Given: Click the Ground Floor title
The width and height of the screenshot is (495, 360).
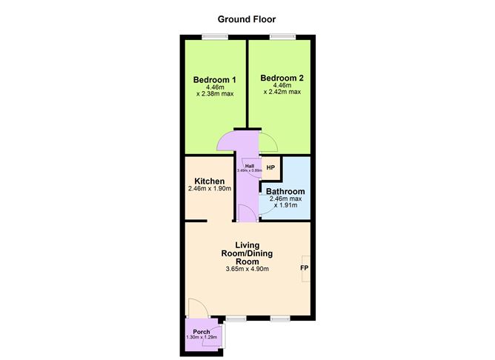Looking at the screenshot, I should [x=247, y=19].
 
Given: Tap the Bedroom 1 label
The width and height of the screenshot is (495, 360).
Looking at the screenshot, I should [x=214, y=80].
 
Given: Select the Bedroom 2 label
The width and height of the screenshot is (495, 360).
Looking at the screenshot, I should [x=282, y=78].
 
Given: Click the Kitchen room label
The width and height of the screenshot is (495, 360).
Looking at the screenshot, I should [x=209, y=181].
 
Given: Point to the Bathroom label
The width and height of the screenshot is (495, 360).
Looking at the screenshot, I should [x=285, y=191].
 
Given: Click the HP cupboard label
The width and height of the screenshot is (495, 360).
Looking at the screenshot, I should [x=270, y=168].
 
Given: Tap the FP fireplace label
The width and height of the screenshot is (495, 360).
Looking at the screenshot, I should [x=304, y=267].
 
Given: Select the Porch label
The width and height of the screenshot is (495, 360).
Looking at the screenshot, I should [x=202, y=331].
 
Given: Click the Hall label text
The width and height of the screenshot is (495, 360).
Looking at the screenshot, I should [x=250, y=166].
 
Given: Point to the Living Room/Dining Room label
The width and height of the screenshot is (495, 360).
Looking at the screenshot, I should [x=247, y=253].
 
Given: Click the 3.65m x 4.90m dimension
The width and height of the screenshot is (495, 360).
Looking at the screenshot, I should [x=247, y=269].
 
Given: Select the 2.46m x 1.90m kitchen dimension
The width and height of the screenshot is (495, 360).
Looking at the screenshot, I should [x=210, y=189].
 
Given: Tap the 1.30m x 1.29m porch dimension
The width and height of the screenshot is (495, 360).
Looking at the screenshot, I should [x=201, y=338].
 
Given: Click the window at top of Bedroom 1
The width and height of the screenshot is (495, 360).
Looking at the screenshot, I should [x=216, y=37].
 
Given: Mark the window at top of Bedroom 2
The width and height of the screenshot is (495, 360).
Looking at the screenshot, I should [x=281, y=37].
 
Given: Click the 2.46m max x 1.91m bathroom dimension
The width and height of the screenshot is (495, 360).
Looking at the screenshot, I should [x=285, y=202].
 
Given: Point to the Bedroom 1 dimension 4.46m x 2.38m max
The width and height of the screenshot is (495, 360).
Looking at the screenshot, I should [x=215, y=91].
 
